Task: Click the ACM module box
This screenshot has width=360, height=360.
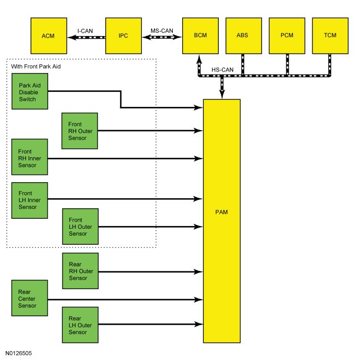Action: tap(49, 36)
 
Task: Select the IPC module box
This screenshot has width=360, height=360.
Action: tap(124, 36)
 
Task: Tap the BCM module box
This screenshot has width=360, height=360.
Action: tap(200, 36)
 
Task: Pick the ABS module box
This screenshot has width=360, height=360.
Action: tap(244, 36)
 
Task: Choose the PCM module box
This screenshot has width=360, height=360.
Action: tap(287, 36)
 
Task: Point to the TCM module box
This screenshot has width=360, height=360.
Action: tap(330, 36)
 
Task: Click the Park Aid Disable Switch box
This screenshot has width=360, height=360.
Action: tap(30, 91)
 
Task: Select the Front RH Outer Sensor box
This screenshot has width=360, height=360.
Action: tap(80, 131)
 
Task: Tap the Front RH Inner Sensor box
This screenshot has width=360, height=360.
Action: tap(29, 157)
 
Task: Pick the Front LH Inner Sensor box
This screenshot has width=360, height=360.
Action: tap(29, 200)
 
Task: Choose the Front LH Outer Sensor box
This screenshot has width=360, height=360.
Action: tap(80, 227)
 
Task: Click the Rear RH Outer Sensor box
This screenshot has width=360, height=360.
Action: tap(80, 271)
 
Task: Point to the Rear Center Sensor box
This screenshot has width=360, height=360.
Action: tap(29, 298)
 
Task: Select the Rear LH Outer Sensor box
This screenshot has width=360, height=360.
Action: tap(80, 325)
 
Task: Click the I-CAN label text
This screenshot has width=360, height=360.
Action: tap(85, 31)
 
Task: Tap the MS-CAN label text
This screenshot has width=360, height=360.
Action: tap(162, 31)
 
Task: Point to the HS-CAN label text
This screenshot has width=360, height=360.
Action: tap(223, 70)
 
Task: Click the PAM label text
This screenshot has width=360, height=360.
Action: tap(222, 212)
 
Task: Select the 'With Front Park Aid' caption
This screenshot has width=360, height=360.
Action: tap(36, 66)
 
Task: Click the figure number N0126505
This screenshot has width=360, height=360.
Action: tap(19, 353)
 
